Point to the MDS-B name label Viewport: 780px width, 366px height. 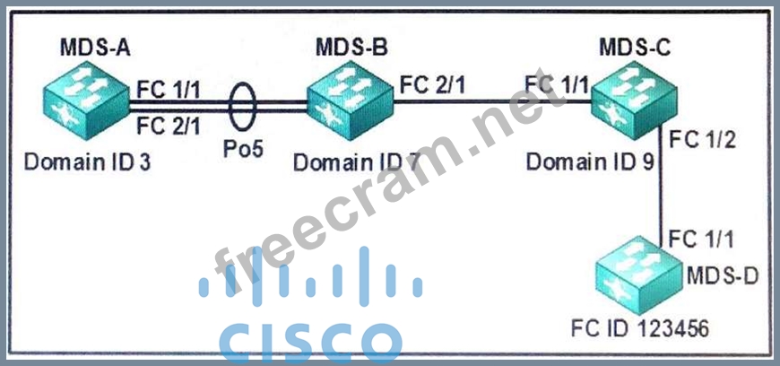point(351,48)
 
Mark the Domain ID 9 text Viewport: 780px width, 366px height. point(593,163)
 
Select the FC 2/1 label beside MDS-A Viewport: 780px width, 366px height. point(169,127)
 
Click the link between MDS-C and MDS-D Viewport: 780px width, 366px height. point(662,193)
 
